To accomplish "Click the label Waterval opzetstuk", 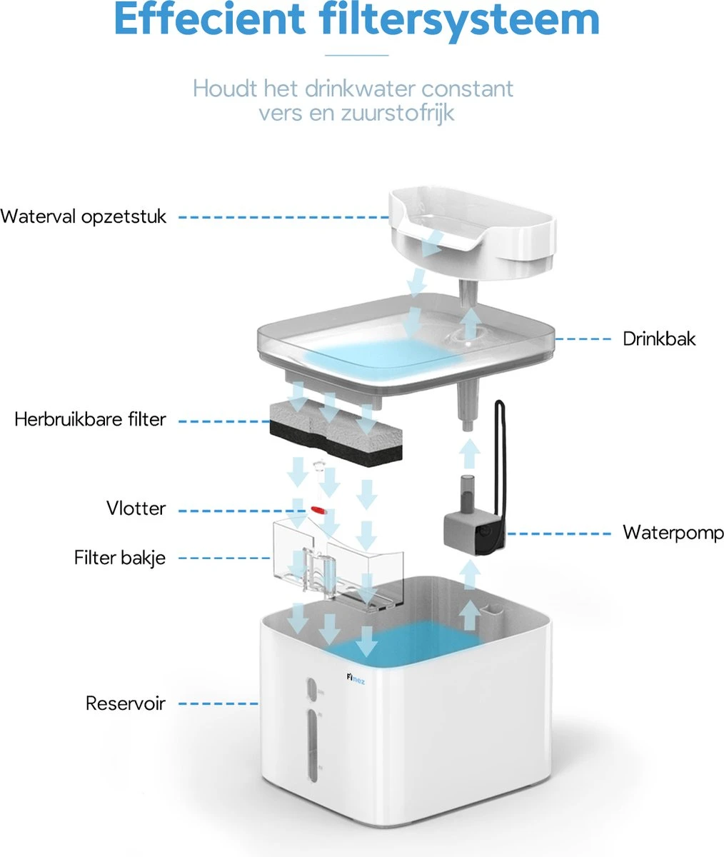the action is tap(84, 217).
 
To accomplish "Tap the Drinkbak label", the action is tap(659, 339).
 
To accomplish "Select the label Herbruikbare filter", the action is tap(90, 419).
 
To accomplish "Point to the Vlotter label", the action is tap(136, 508).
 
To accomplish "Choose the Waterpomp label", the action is tap(673, 533).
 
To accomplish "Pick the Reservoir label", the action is tap(126, 703).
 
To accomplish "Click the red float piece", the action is tap(318, 510).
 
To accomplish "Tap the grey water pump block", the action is tap(474, 534).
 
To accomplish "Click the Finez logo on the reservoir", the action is tap(356, 679).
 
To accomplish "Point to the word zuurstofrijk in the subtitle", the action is tap(398, 113).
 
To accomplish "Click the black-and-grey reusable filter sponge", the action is tap(336, 431).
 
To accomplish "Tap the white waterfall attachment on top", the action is tap(472, 234).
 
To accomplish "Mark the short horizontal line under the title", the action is tap(357, 55).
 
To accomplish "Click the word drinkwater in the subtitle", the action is tap(361, 89).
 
